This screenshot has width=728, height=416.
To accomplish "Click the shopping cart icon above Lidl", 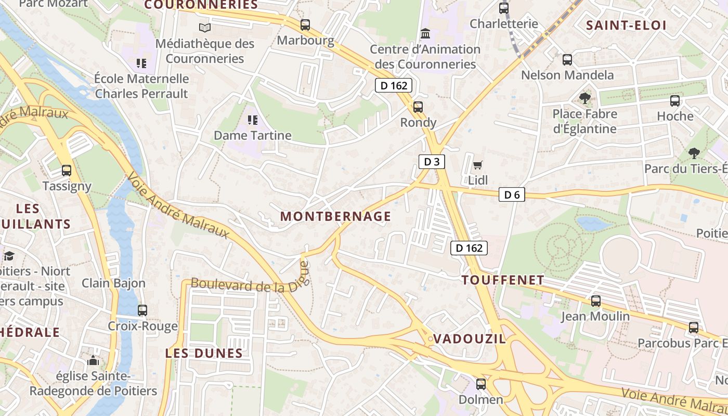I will coord(477,165).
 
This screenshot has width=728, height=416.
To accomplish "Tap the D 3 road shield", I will coord(432,162).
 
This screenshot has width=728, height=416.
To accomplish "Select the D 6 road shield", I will coord(512,195).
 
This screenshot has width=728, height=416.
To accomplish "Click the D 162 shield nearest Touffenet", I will coord(469,248).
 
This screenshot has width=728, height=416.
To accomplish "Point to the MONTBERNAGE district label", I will coord(335,216).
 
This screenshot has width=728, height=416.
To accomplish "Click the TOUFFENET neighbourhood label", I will coord(503,280).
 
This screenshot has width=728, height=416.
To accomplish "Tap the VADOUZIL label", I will coord(469,339).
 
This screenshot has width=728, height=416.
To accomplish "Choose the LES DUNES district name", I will coord(204,353).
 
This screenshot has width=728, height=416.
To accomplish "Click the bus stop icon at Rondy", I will coord(418,107).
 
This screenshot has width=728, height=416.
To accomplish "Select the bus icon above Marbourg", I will coord(305,24).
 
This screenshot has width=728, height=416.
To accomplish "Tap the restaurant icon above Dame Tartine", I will coord(253,121).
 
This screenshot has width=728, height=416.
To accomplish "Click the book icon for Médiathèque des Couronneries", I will coord(205,28).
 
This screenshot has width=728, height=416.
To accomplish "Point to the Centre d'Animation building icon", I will coord(425,34).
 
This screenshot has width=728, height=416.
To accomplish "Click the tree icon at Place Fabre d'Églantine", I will coord(585,98).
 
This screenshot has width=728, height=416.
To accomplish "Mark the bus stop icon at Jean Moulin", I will coord(595,301).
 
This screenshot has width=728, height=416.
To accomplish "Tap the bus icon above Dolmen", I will coord(481,384).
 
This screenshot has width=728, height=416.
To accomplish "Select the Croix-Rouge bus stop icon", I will coord(142,310).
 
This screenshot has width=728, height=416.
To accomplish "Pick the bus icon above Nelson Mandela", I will coord(567,59).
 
